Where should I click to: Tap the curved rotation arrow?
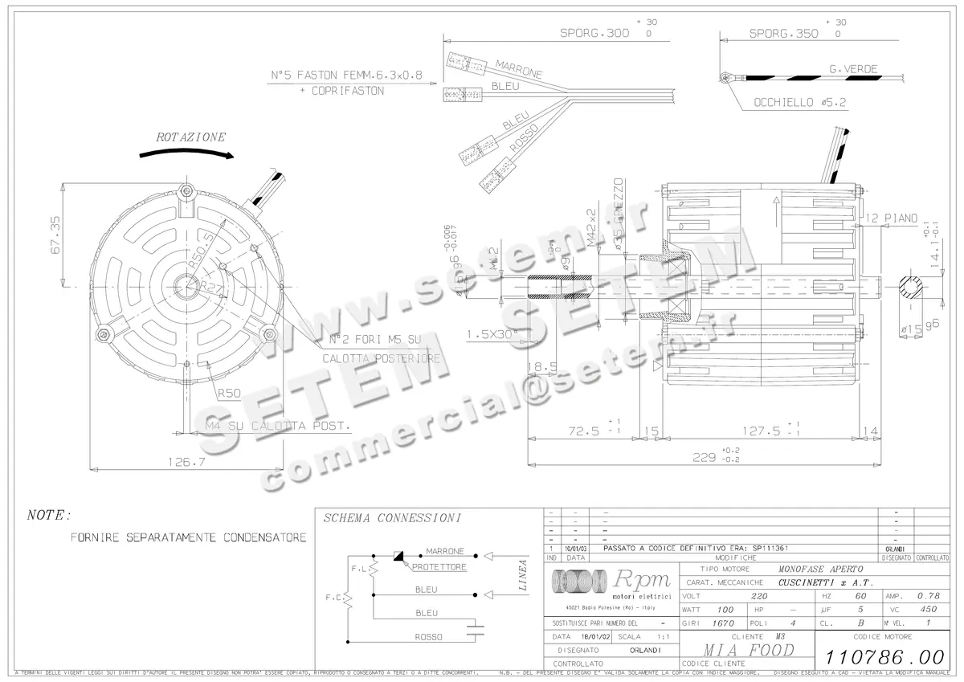(186, 153)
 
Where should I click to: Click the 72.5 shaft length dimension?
(583, 430)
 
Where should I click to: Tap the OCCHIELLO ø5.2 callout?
(800, 103)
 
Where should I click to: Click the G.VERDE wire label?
(853, 70)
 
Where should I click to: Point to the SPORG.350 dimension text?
(783, 34)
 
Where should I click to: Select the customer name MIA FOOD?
(738, 649)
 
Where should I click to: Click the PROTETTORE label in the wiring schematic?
(439, 567)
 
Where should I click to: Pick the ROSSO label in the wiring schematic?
(428, 637)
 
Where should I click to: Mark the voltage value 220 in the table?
(758, 597)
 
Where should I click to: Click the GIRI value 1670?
(725, 623)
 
